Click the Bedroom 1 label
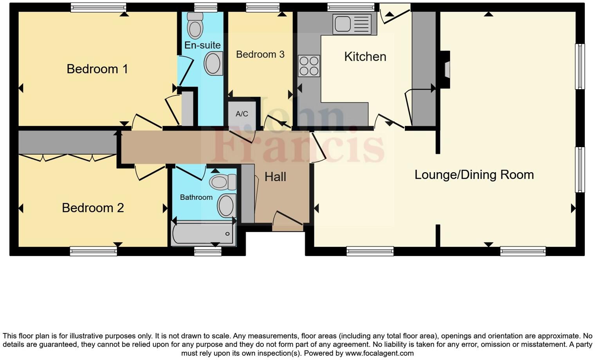[97, 69]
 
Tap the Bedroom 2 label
[93, 208]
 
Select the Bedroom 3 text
[260, 54]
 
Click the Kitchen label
[365, 57]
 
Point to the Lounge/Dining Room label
[474, 175]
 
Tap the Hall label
[275, 177]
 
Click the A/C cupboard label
[242, 114]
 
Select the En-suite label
[202, 45]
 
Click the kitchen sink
[352, 24]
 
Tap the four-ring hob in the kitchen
[309, 66]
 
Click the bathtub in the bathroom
[203, 234]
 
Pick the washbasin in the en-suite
[213, 63]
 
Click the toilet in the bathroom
[222, 182]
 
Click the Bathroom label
[196, 197]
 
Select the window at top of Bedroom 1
[98, 7]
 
